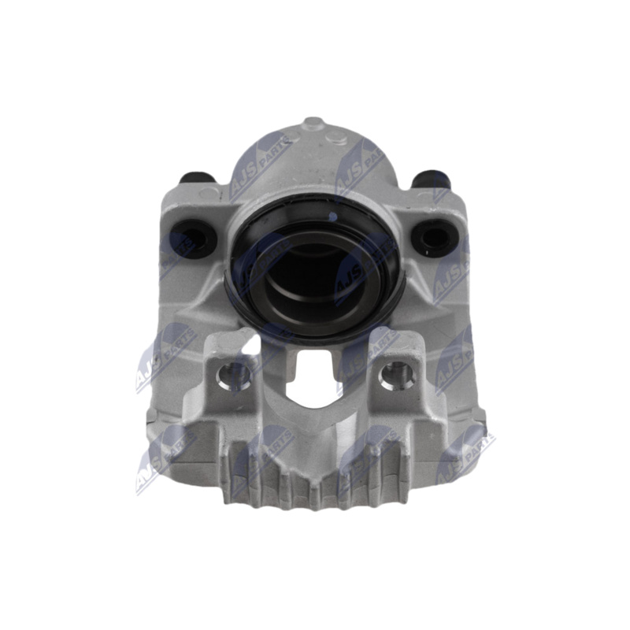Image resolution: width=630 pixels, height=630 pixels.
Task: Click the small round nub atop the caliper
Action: pos(313,123)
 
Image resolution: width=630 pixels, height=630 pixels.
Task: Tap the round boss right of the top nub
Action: pos(336,137)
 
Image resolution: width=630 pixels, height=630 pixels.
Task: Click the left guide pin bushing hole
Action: pos(194,239)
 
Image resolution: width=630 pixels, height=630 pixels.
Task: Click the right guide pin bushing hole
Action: pos(434,239)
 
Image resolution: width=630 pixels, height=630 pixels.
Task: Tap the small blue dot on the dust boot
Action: pos(332,217)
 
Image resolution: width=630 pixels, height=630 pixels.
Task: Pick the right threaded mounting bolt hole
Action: pos(397,376)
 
